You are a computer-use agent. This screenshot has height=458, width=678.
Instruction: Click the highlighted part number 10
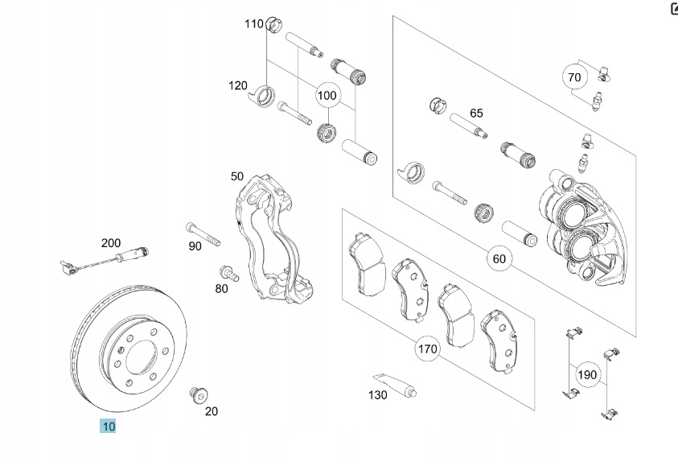108,426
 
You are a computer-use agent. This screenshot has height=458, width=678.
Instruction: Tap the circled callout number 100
327,95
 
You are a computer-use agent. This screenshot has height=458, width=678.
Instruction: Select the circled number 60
499,258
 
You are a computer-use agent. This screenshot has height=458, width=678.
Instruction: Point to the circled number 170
427,349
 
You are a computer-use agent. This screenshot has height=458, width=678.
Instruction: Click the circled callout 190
588,374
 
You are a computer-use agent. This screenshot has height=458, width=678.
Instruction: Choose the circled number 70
573,77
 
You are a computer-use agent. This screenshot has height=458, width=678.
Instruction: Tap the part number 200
110,242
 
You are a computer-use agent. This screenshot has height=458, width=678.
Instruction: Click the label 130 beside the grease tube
378,395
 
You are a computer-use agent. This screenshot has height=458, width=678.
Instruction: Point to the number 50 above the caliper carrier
236,176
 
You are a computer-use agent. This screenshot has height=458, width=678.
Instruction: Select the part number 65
476,113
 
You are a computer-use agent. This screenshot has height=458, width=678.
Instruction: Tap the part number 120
237,85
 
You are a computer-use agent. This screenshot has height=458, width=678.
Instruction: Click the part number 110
254,24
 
